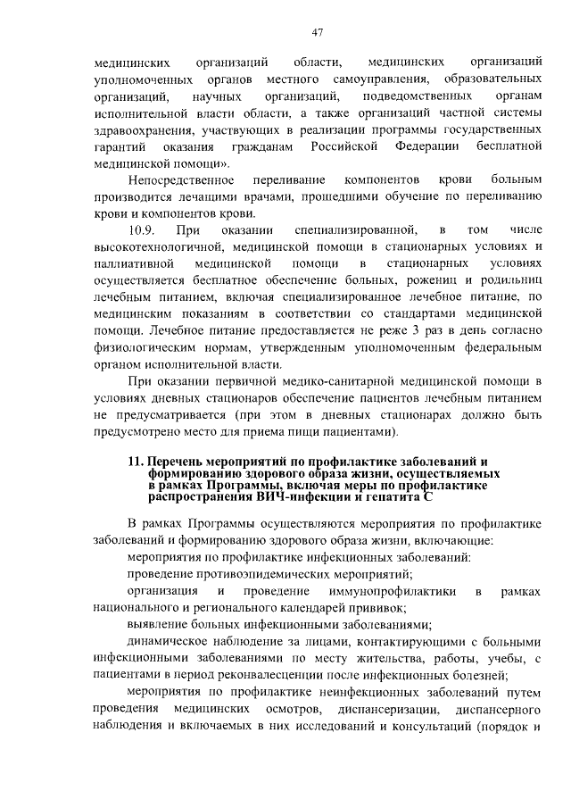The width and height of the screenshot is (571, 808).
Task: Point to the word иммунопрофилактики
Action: tap(392, 592)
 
